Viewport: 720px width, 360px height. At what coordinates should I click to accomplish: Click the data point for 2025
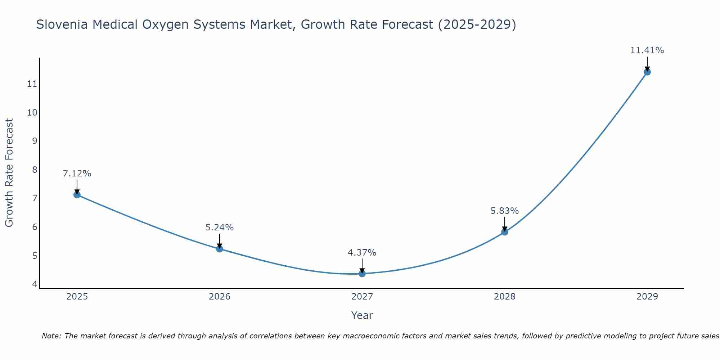coord(77,195)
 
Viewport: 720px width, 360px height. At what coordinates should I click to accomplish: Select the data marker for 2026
coord(220,249)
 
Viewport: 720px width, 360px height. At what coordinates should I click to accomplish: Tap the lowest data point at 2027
coord(362,274)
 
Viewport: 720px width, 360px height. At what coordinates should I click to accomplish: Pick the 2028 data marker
coord(505,232)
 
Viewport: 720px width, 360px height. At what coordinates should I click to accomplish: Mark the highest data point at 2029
coord(647,72)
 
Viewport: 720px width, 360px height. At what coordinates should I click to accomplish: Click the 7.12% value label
coord(77,174)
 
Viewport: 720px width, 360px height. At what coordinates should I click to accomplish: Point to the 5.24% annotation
coord(220,228)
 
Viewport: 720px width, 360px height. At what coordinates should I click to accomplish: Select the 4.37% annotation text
coord(362,253)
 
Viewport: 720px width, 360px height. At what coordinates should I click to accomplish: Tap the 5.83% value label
coord(505,211)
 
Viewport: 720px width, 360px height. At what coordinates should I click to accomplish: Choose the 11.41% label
coord(647,50)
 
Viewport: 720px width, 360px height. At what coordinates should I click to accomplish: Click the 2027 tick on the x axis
coord(362,297)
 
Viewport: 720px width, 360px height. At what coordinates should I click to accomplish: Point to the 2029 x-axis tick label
coord(647,297)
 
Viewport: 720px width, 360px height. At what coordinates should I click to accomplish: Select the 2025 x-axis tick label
coord(77,297)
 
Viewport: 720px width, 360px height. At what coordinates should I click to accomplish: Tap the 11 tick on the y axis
coord(32,84)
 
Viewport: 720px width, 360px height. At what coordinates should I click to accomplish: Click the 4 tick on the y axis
coord(35,284)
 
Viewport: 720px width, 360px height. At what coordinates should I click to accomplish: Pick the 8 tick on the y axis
coord(35,170)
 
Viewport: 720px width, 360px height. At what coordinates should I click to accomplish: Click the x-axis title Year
coord(362,315)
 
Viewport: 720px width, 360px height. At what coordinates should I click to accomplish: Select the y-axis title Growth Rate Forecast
coord(9,173)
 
